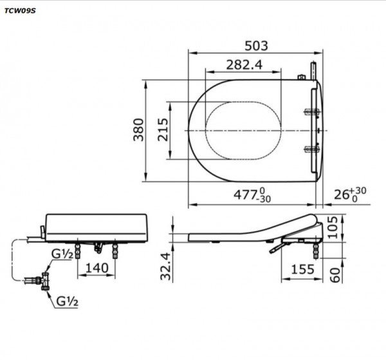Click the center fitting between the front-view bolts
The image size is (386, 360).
[x=98, y=246]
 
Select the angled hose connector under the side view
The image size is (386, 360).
[x=276, y=247]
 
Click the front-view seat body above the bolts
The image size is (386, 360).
[x=96, y=225]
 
